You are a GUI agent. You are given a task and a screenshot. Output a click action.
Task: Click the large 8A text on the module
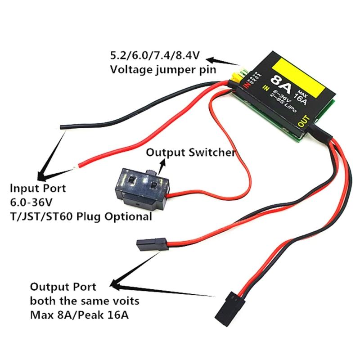279,85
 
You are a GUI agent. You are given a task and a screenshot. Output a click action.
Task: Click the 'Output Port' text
63,287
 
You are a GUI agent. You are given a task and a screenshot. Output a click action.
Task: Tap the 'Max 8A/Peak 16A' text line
79,314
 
